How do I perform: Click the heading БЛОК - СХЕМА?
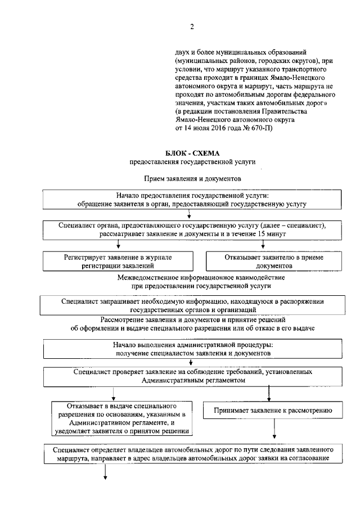tap(193, 153)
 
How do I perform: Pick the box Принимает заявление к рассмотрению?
tap(274, 411)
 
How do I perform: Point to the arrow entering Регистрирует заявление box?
tap(118, 244)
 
